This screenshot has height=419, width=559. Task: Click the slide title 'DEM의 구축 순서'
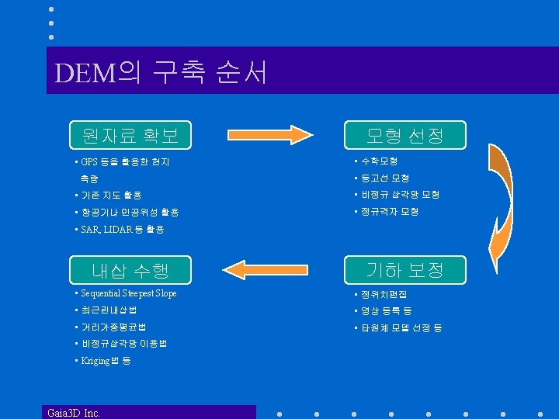pos(161,73)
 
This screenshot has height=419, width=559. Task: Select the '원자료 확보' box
pos(130,136)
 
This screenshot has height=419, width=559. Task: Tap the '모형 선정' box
pos(404,136)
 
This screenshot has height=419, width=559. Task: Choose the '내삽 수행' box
pos(130,270)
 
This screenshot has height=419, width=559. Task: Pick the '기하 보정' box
pos(404,270)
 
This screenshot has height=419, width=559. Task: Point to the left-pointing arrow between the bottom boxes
pos(266,271)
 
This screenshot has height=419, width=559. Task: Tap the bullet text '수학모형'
pos(377,161)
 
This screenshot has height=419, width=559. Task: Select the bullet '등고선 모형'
pos(384,178)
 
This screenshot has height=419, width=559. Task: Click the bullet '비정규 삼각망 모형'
pos(399,195)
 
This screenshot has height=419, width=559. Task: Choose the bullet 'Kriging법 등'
pos(106,361)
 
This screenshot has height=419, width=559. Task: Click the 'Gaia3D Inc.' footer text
pos(73,412)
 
